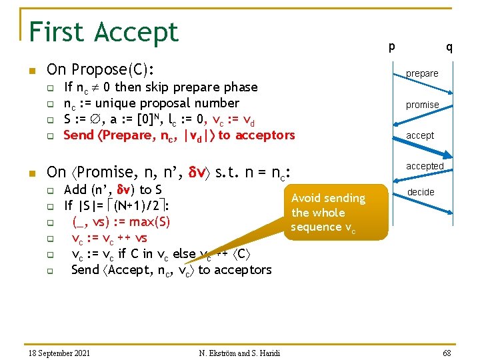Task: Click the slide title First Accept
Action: (x=104, y=31)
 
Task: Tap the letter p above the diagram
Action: (x=392, y=46)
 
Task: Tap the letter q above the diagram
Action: (x=449, y=47)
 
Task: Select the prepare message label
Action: (x=422, y=73)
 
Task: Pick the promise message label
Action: (x=422, y=105)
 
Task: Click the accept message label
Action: (x=420, y=135)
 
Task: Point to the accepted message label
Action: (x=425, y=166)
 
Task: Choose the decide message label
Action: (x=421, y=192)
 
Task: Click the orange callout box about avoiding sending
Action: (x=337, y=212)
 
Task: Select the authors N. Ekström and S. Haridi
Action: (x=239, y=352)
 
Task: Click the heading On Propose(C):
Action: (x=100, y=69)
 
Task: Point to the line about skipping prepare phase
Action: (x=160, y=87)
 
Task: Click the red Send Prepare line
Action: (x=179, y=135)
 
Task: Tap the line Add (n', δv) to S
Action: (x=113, y=189)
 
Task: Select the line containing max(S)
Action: (x=120, y=221)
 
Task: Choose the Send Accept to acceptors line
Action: (x=171, y=269)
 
